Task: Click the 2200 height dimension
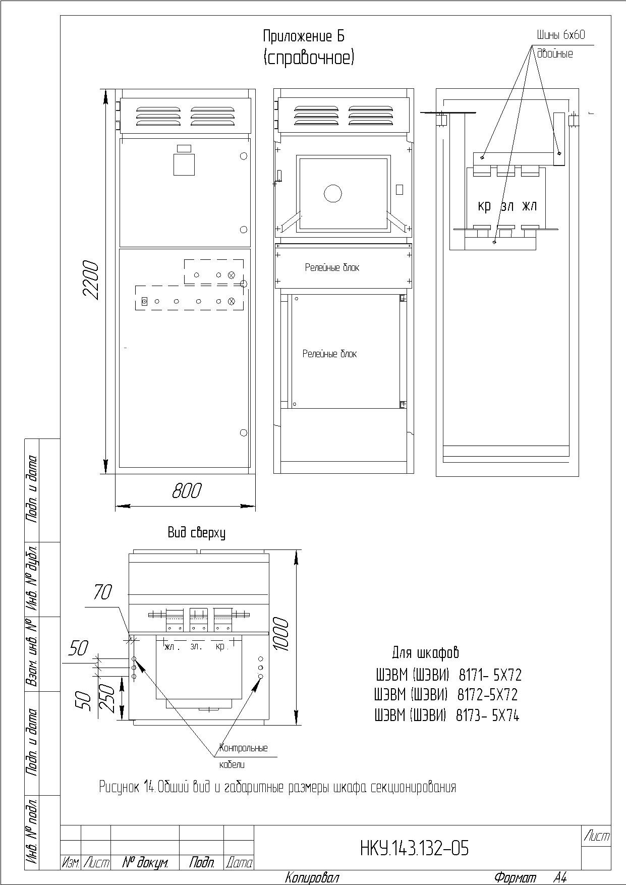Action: pos(91,280)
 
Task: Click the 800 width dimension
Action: pos(187,490)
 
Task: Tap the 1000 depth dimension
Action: pos(281,634)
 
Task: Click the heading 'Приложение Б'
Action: pos(304,36)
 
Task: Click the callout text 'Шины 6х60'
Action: pos(560,35)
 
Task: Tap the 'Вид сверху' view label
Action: pos(196,533)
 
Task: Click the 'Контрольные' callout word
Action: pos(244,748)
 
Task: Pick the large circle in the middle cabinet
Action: pos(332,193)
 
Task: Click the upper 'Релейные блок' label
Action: pos(332,267)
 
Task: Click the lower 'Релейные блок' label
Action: pos(329,354)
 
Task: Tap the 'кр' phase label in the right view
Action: pos(484,206)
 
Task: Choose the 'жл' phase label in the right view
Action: pos(530,206)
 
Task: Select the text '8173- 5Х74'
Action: pos(487,715)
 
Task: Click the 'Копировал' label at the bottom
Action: pos(312,878)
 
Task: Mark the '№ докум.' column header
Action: pos(145,863)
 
